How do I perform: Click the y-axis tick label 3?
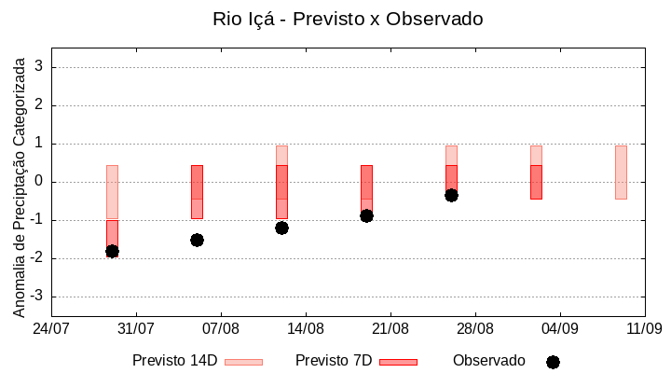click(x=40, y=67)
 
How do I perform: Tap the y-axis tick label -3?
click(x=37, y=297)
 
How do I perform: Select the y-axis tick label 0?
click(x=40, y=182)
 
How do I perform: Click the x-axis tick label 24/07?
click(x=51, y=329)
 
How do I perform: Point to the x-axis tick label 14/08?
click(x=306, y=329)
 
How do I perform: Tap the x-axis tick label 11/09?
click(x=644, y=329)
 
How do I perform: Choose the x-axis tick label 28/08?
click(x=475, y=329)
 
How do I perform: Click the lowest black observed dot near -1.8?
click(x=112, y=251)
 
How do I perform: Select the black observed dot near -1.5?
click(x=197, y=240)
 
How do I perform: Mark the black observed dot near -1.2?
click(x=281, y=228)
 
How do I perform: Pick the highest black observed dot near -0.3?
click(x=451, y=195)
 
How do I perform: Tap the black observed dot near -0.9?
click(x=366, y=215)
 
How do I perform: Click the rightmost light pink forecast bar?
click(x=621, y=173)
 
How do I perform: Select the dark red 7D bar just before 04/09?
click(x=536, y=182)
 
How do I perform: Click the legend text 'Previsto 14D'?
click(x=174, y=361)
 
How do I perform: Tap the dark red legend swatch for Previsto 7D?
click(x=398, y=362)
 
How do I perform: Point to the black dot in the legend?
click(x=553, y=362)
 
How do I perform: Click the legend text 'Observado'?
click(x=489, y=361)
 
